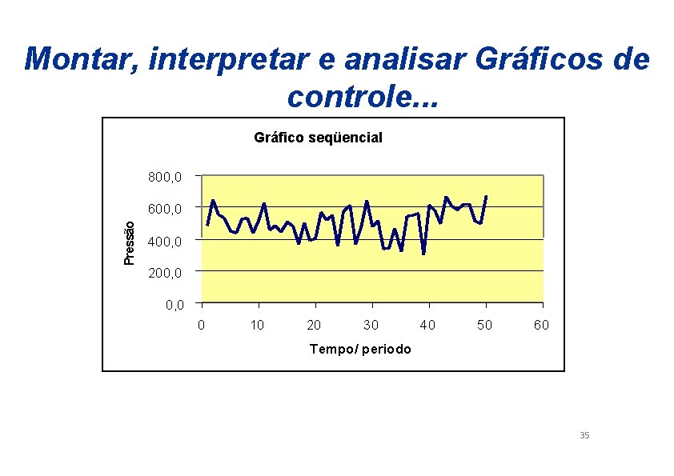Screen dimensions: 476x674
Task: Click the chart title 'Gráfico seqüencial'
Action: pos(318,138)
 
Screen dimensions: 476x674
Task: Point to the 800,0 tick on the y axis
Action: pos(166,177)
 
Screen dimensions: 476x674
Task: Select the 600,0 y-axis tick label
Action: pos(166,209)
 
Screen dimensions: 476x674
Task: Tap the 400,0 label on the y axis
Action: pos(166,241)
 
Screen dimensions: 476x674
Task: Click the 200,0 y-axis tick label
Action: pos(166,273)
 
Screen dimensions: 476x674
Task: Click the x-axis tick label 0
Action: pos(202,325)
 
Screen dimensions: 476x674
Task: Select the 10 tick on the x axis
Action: pos(258,325)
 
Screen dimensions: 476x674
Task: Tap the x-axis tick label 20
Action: pos(315,325)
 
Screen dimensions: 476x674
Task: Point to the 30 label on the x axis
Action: pos(371,325)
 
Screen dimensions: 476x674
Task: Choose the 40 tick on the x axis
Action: pos(428,325)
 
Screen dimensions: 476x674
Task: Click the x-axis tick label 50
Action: pos(485,325)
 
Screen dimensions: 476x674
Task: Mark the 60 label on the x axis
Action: pos(542,325)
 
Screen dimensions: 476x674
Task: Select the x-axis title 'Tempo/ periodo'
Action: pos(360,349)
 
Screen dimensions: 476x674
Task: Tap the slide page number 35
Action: pos(584,435)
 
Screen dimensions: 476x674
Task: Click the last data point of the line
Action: pos(486,196)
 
